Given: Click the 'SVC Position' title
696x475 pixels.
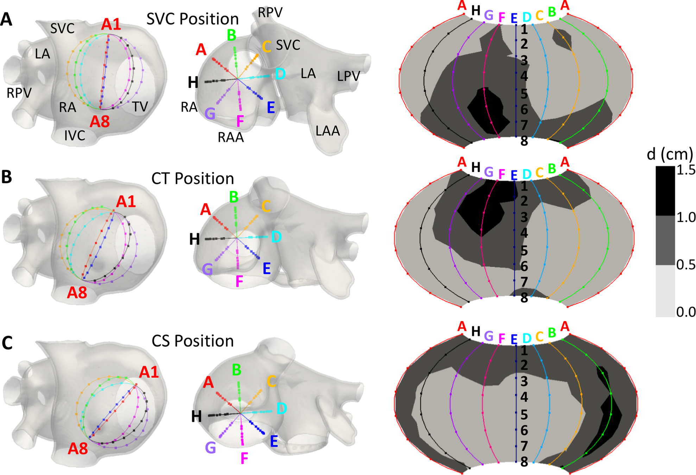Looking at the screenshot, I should click(x=192, y=19).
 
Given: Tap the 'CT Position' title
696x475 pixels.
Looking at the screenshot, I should click(x=192, y=179).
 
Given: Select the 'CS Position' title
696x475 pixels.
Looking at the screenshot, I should click(x=192, y=341).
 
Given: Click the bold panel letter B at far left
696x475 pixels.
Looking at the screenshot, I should click(x=7, y=177).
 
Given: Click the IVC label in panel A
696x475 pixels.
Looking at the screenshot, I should click(x=75, y=135).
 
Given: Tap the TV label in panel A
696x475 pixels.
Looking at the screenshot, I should click(x=140, y=107).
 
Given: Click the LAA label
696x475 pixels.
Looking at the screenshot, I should click(x=328, y=131).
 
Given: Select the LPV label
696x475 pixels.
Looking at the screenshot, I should click(x=348, y=76).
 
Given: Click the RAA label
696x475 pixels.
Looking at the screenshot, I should click(x=230, y=137).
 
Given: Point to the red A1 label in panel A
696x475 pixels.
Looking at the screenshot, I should click(x=111, y=25).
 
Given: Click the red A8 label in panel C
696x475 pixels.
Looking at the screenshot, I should click(x=78, y=449).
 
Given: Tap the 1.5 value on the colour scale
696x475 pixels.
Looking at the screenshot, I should click(x=686, y=170).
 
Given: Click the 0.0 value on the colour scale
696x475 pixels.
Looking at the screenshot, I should click(x=686, y=312).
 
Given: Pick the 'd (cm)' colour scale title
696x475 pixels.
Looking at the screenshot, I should click(x=670, y=154).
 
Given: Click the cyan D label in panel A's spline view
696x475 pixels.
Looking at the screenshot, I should click(x=280, y=74).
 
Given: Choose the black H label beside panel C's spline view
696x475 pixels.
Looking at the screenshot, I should click(x=196, y=417).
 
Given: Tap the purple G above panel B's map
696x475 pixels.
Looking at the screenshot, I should click(x=488, y=172).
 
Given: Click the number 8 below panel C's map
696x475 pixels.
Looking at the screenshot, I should click(x=524, y=462).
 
